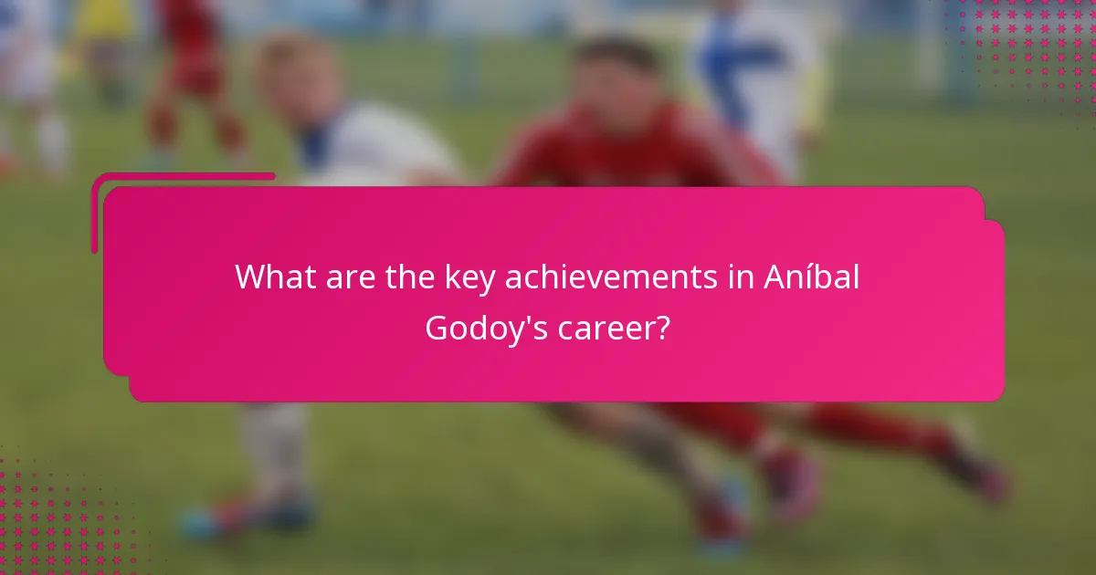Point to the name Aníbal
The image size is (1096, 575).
coord(811,277)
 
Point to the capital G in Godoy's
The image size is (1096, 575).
coord(438,328)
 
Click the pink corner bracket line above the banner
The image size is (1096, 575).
coord(183,176)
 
